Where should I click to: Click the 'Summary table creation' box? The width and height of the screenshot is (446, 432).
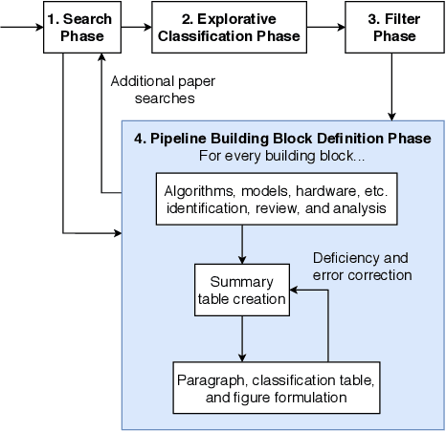click(242, 292)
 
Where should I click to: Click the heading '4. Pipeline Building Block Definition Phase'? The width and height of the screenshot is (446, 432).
click(282, 139)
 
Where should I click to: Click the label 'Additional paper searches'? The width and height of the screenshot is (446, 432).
click(166, 90)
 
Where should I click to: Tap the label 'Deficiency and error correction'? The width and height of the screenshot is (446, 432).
click(361, 266)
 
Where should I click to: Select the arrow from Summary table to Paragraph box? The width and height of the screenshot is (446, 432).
click(242, 338)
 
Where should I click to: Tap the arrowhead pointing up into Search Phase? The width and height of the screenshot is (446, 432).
click(101, 57)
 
